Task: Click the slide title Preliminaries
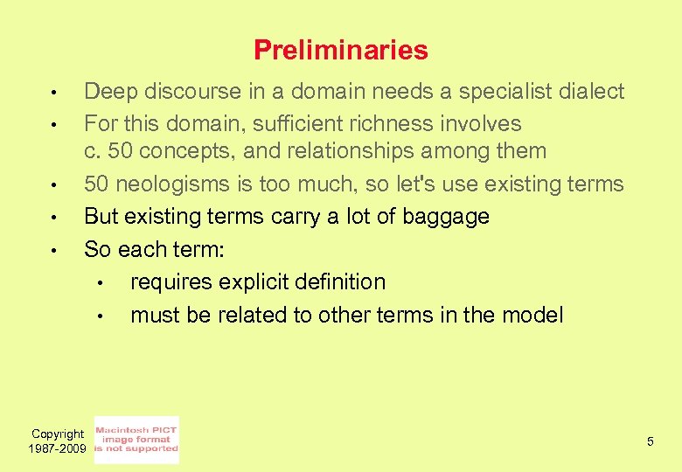[340, 51]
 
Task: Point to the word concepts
[185, 151]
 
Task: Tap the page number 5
[650, 441]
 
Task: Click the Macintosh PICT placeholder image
[136, 440]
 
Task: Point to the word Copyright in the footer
[58, 434]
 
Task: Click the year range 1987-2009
[58, 448]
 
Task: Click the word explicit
[244, 281]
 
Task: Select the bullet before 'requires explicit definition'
[101, 283]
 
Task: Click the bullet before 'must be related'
[101, 316]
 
